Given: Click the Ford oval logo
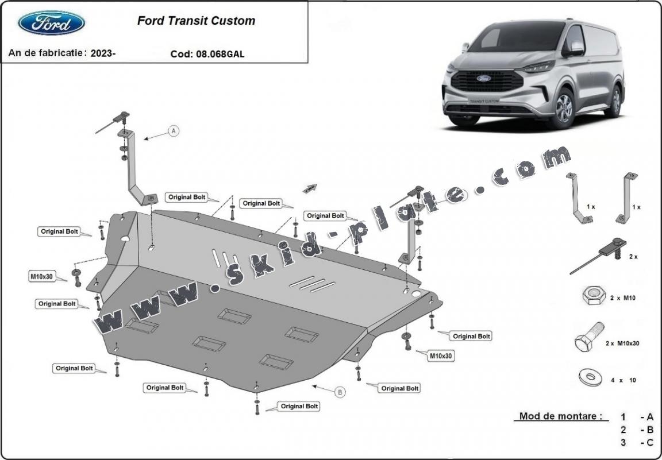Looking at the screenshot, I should pos(52,22).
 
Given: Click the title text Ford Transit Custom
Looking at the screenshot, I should pos(196,21).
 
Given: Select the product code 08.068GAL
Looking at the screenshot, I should pos(221,55).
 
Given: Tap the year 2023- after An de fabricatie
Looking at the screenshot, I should pos(103,53).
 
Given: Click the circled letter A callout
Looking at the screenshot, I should pos(174,131).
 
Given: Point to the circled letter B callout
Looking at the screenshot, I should pos(340,392).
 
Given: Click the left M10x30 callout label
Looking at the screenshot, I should pos(41,277).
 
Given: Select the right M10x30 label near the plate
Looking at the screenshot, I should pos(441,356).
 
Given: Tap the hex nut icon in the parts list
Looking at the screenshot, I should pos(593,296).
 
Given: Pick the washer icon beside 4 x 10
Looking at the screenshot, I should pos(590,378).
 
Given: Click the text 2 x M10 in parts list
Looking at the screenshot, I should pos(623,298).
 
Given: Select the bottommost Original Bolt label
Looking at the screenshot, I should pos(299,406).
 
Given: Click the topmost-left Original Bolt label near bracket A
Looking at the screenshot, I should pos(187,197).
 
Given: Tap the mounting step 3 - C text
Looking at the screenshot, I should pos(637,442).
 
